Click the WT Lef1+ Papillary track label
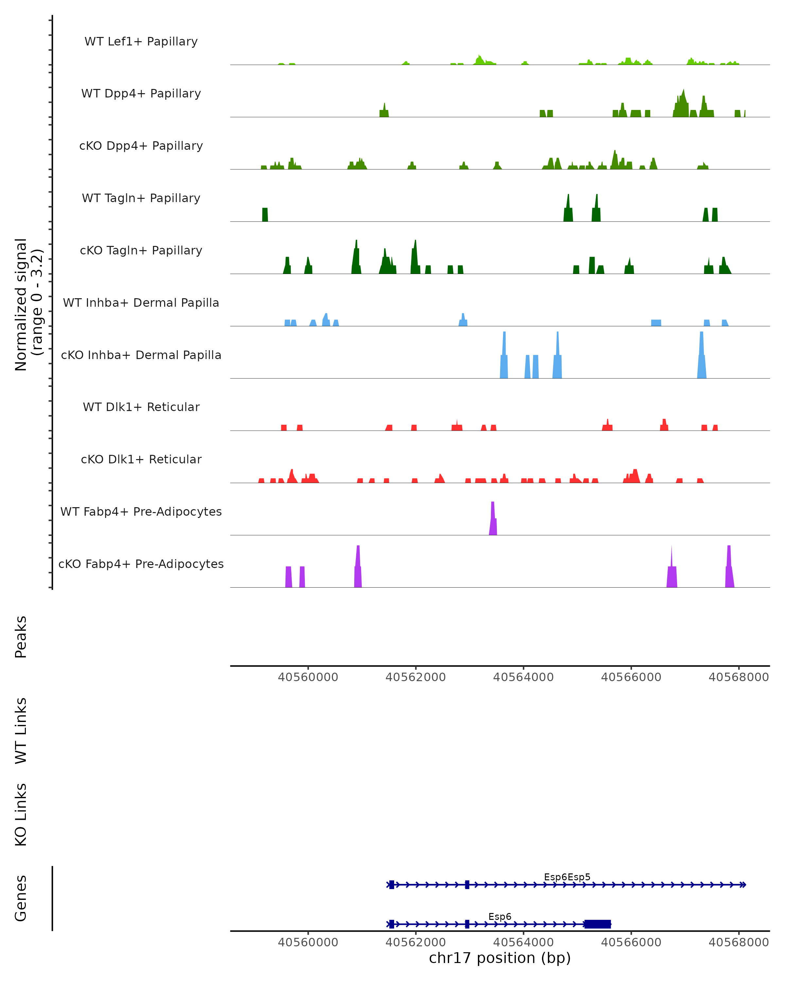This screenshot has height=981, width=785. pyautogui.click(x=141, y=42)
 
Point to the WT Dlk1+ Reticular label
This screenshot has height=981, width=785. pyautogui.click(x=141, y=407)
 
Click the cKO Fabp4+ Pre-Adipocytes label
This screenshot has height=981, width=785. pyautogui.click(x=141, y=564)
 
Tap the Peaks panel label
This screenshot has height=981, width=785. pyautogui.click(x=21, y=637)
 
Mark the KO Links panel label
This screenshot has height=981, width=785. pyautogui.click(x=21, y=815)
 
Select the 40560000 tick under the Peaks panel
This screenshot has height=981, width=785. pyautogui.click(x=308, y=677)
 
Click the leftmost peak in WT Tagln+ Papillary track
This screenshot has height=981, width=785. pyautogui.click(x=265, y=215)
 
